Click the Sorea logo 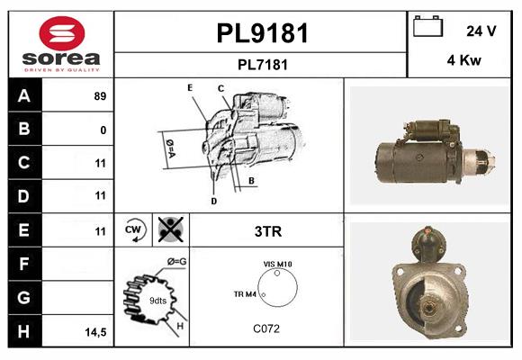click(61, 45)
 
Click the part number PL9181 click(262, 33)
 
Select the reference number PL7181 click(262, 65)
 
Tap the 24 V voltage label click(481, 31)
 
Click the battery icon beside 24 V click(426, 27)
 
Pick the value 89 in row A click(100, 96)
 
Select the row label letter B click(24, 129)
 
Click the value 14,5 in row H click(95, 332)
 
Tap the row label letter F click(24, 265)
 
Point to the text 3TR click(268, 231)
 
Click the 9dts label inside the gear click(157, 301)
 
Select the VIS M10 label click(277, 264)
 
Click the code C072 click(265, 328)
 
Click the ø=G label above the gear click(176, 262)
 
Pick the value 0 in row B click(103, 130)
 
